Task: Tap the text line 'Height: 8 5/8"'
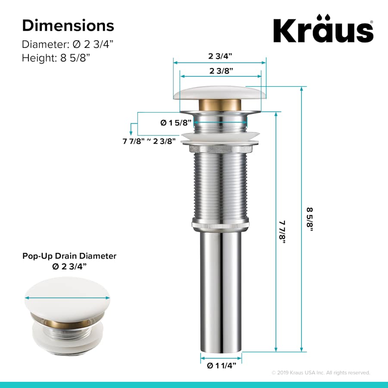(x=55, y=57)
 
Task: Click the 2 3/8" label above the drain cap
(x=219, y=71)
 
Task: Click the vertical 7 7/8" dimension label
(x=282, y=232)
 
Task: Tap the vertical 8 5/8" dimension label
(x=310, y=219)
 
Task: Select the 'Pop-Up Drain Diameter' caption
(x=69, y=256)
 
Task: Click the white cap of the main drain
(x=219, y=93)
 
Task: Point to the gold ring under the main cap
(x=219, y=105)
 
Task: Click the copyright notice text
(x=321, y=372)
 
